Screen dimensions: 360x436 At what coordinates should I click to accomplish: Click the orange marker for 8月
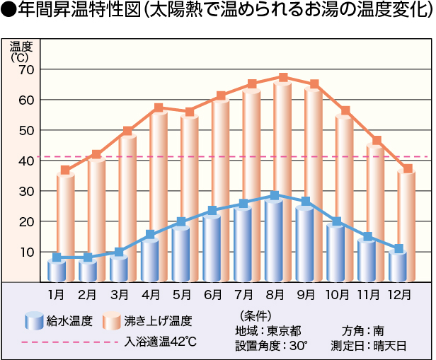click(x=283, y=78)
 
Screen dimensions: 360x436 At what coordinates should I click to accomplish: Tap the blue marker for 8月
click(x=275, y=195)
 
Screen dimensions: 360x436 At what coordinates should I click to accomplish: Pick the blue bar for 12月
click(x=398, y=266)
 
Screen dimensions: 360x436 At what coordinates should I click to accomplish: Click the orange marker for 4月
click(x=159, y=108)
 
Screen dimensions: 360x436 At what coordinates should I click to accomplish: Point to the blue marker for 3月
click(x=119, y=252)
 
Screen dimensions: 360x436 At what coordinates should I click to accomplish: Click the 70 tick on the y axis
click(x=27, y=70)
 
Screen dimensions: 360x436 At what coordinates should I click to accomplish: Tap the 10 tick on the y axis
click(x=27, y=252)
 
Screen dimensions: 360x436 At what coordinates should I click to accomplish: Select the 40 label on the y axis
click(x=27, y=161)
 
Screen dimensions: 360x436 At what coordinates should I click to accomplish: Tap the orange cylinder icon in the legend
click(x=113, y=321)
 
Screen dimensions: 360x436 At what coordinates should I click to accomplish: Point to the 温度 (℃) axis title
click(x=20, y=52)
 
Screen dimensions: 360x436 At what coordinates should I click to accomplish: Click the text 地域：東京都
click(x=268, y=330)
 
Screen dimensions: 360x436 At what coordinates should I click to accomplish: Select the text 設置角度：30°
click(x=271, y=346)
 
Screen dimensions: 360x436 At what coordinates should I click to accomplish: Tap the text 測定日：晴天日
click(x=368, y=346)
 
